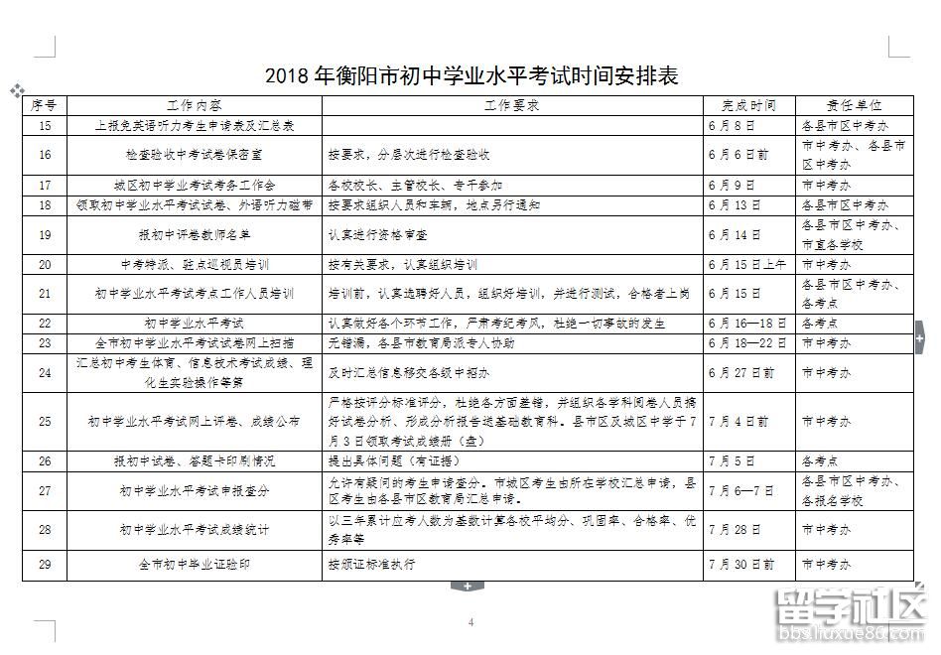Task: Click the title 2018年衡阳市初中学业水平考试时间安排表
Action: (470, 76)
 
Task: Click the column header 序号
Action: (45, 105)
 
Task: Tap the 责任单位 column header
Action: (854, 105)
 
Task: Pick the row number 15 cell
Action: (45, 126)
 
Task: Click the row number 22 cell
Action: (45, 324)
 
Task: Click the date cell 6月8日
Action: (733, 126)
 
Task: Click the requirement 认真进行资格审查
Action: (378, 235)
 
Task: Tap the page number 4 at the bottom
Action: (470, 622)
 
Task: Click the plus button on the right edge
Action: (919, 338)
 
